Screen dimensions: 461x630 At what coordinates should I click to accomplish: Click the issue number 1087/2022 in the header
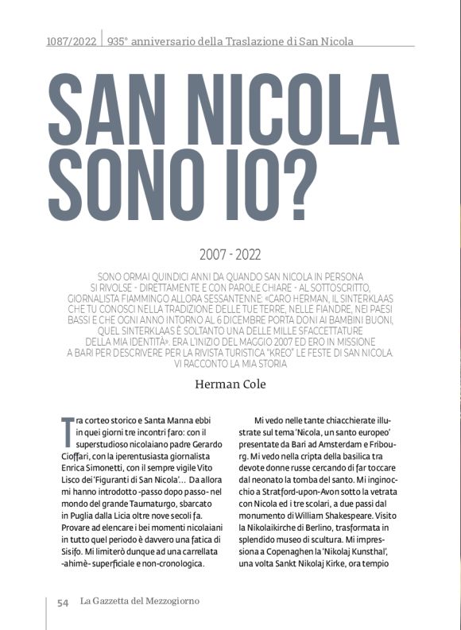point(71,41)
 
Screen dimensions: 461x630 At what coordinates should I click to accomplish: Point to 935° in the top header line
point(119,41)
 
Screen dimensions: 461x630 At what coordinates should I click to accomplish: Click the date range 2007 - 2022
point(230,255)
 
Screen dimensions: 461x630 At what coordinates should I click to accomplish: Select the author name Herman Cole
point(230,385)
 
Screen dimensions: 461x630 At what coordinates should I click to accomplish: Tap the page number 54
point(63,602)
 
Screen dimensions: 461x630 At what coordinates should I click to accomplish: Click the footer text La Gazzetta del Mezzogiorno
point(140,601)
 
